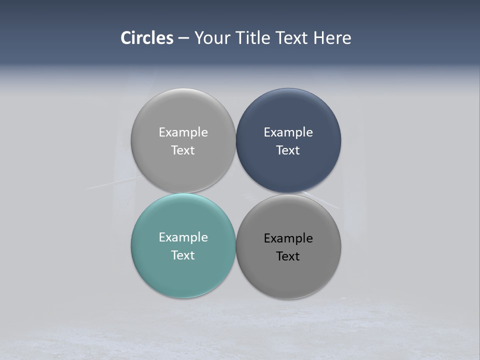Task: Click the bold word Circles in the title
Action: coord(147,38)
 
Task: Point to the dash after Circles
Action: coord(183,38)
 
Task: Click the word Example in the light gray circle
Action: coord(183,132)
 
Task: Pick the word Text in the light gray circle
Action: coord(183,150)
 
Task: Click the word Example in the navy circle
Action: coord(288,132)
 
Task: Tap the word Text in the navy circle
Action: coord(288,150)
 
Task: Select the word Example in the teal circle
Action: coord(183,237)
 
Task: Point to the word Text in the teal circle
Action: coord(183,255)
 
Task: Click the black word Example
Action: coord(288,238)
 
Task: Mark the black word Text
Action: coord(288,256)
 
